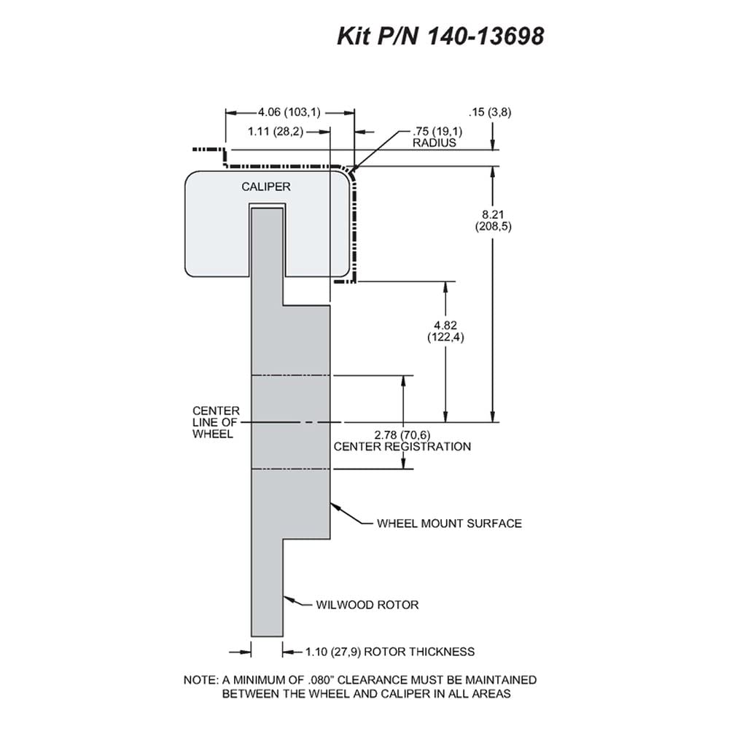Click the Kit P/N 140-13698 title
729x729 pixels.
pos(440,36)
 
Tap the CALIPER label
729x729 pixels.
pos(266,187)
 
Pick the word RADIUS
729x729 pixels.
pos(434,143)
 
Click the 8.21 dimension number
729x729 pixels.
pos(493,215)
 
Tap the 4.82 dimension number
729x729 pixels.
pos(445,325)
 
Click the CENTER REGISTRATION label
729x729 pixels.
pos(402,447)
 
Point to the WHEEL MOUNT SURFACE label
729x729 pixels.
pos(449,523)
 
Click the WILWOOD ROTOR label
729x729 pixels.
pos(367,605)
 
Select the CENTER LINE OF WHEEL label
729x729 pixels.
pos(216,423)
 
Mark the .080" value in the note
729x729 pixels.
pos(321,679)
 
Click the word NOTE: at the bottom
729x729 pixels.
pos(201,680)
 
